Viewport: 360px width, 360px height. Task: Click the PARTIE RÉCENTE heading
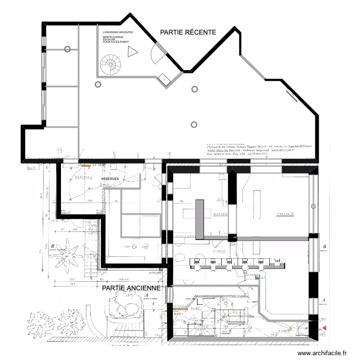pyautogui.click(x=188, y=32)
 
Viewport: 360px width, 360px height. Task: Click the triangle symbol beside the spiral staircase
pyautogui.click(x=132, y=53)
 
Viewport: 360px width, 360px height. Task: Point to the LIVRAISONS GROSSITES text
pyautogui.click(x=118, y=32)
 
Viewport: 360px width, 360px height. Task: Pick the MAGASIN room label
pyautogui.click(x=220, y=214)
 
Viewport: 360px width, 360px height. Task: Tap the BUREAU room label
pyautogui.click(x=219, y=244)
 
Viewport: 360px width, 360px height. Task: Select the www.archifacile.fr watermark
pyautogui.click(x=322, y=353)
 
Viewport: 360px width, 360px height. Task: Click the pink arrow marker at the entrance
pyautogui.click(x=325, y=328)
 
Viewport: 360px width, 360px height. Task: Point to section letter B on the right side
pyautogui.click(x=325, y=247)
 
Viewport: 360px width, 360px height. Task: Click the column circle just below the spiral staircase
pyautogui.click(x=98, y=84)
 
